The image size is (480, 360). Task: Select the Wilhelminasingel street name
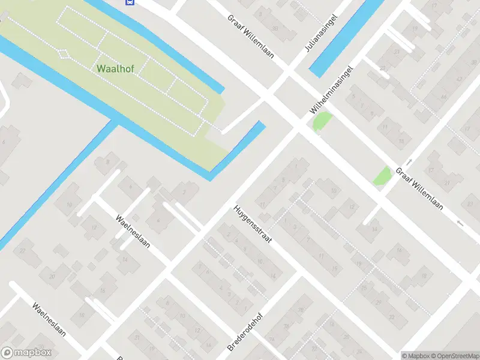pos(330,90)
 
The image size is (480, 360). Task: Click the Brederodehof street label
pos(246,330)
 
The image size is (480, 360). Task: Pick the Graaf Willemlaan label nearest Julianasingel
pos(251,36)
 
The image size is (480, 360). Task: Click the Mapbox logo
pos(26,353)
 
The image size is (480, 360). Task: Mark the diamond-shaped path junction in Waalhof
pos(64,53)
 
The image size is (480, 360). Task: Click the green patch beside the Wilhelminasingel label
pos(322,122)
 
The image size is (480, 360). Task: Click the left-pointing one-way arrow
pos(460,223)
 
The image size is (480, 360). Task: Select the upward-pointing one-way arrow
pos(409,162)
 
